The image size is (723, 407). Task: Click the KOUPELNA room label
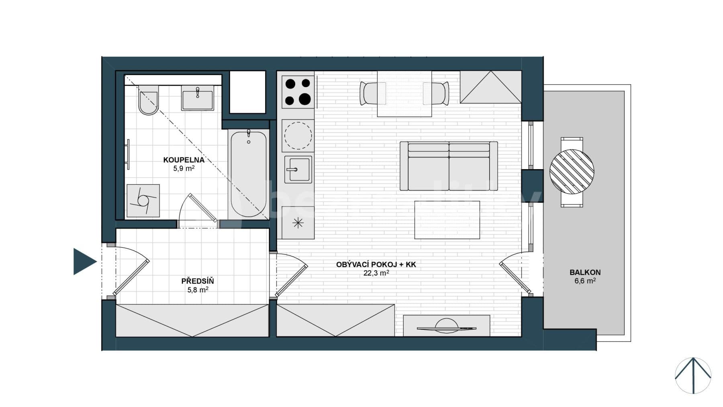[x=184, y=160]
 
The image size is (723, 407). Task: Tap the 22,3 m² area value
[x=376, y=273]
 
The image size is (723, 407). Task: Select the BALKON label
[x=585, y=272]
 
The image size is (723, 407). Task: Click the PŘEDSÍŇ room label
[x=198, y=281]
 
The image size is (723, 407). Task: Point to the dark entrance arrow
[x=84, y=262]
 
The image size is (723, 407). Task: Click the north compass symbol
[x=693, y=375]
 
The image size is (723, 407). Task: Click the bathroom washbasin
[x=197, y=98]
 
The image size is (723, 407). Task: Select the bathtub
[x=248, y=174]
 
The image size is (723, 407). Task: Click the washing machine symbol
[x=143, y=201]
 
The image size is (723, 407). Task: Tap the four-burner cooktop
[x=298, y=92]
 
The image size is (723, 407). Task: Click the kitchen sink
[x=298, y=169]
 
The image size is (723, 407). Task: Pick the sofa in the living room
[x=449, y=166]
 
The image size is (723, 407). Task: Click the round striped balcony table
[x=572, y=171]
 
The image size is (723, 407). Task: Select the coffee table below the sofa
[x=447, y=220]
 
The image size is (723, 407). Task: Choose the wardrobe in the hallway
[x=192, y=320]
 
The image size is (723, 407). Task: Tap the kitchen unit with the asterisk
[x=298, y=223]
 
